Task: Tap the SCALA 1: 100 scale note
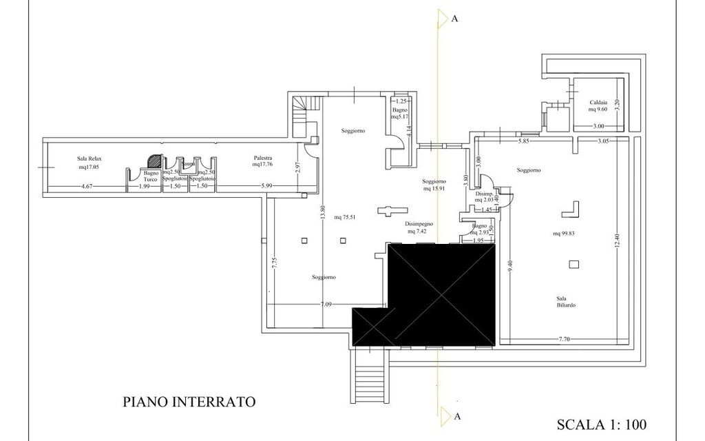point(601,424)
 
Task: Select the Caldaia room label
point(597,104)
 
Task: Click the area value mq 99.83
point(563,233)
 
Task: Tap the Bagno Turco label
point(151,176)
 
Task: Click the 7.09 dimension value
point(326,304)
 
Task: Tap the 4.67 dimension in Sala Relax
point(87,186)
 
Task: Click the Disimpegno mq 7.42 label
point(419,228)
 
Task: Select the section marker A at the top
point(454,19)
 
